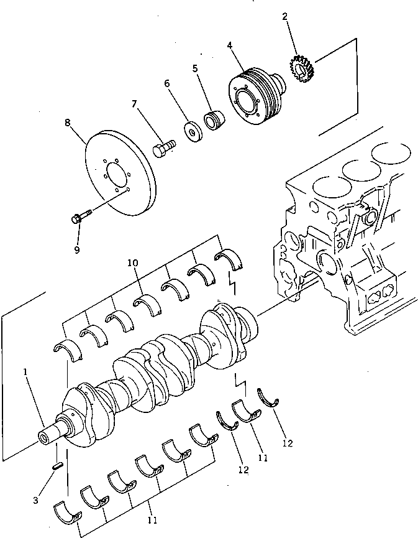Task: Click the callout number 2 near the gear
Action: click(285, 17)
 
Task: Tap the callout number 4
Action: click(230, 45)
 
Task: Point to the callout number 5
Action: click(195, 68)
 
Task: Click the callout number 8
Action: click(68, 123)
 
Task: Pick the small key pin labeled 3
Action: click(57, 465)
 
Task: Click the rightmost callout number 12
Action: click(286, 443)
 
